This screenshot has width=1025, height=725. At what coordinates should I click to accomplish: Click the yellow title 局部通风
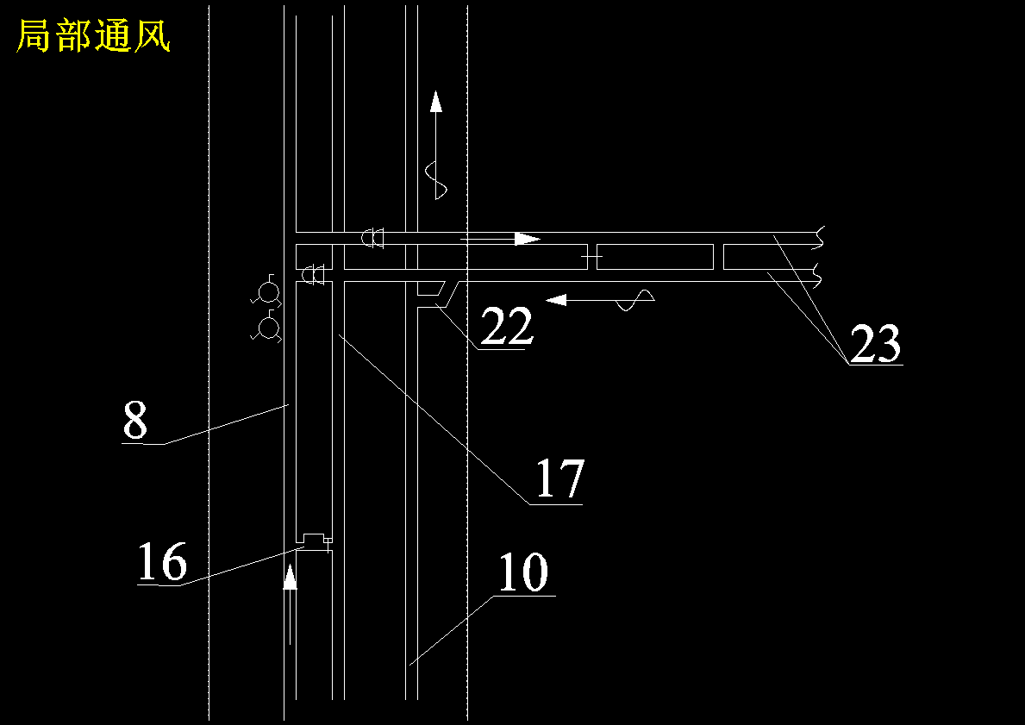click(x=93, y=35)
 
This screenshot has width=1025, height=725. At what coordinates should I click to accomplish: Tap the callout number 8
click(x=135, y=421)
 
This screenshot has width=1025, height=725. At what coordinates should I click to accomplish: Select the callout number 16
click(x=162, y=561)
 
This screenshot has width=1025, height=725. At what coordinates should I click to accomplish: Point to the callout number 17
click(x=559, y=478)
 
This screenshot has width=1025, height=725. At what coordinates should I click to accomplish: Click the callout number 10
click(x=523, y=572)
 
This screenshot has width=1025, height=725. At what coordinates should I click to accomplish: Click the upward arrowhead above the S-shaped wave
click(x=436, y=102)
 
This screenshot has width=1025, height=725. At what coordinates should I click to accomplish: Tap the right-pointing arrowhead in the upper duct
click(x=526, y=239)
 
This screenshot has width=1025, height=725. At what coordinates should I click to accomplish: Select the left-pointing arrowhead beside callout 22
click(x=556, y=299)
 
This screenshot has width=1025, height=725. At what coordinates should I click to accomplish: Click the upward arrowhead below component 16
click(x=291, y=578)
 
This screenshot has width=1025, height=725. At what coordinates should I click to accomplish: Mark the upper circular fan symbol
click(x=267, y=292)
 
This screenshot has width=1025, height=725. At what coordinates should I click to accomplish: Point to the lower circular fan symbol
click(x=267, y=328)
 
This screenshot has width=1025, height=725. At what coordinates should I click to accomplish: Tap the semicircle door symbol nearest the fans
click(x=316, y=274)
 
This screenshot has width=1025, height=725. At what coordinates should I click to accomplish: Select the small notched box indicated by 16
click(x=315, y=539)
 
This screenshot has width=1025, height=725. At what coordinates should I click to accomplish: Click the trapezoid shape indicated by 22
click(x=431, y=293)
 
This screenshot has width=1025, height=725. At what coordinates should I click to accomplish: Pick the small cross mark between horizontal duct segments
click(x=591, y=257)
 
